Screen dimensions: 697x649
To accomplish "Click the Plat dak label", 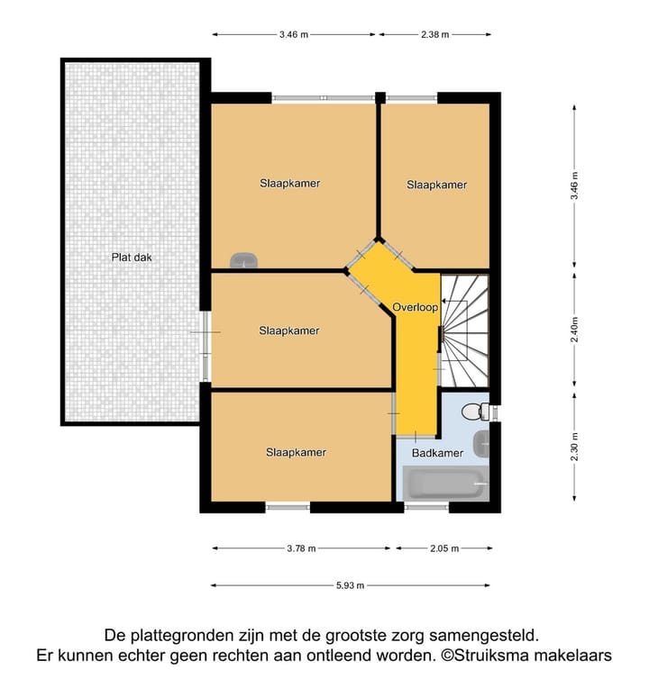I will (x=132, y=257).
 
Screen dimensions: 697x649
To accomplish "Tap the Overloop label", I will (x=415, y=307).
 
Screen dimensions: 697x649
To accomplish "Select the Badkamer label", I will (x=437, y=453).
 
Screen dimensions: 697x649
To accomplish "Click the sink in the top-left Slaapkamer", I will (x=243, y=260).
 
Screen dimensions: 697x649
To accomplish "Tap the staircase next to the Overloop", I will (x=466, y=329).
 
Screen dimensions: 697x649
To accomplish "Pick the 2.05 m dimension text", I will (x=443, y=548).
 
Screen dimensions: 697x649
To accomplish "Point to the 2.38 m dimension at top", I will (x=434, y=35).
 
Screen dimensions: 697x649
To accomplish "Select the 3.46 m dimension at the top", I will (x=294, y=35).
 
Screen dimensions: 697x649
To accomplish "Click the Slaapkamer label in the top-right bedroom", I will (x=436, y=185).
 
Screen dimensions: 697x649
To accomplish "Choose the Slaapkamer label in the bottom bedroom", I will (x=296, y=452).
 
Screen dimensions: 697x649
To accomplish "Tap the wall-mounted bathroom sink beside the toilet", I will (x=484, y=443).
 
